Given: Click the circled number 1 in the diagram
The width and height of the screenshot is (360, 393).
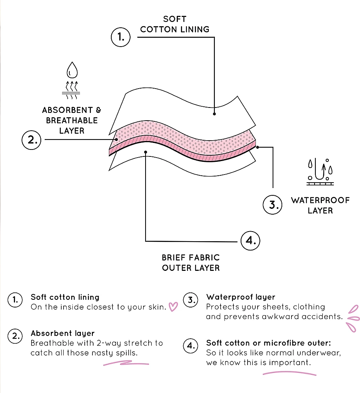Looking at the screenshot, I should tap(121, 37).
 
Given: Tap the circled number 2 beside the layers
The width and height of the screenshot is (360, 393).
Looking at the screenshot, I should tap(31, 140).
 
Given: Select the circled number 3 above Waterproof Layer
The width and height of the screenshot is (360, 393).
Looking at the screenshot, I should tap(273, 205).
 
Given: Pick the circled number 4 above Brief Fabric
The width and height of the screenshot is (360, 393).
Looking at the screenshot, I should tap(250, 241).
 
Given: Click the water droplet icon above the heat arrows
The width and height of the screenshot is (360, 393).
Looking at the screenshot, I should tap(72, 71).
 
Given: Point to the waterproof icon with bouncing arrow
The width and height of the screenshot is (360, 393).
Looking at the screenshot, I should tap(320, 171).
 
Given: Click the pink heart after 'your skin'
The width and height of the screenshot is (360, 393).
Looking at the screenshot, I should tap(174, 307).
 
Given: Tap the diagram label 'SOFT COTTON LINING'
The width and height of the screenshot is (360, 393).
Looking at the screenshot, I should tap(175, 24).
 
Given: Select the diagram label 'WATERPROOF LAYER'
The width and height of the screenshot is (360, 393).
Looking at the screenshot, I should tap(320, 205).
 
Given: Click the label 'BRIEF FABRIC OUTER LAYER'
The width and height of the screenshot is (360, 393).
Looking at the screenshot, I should tap(191, 262).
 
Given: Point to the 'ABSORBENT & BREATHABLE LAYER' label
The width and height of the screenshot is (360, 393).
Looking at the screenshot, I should tap(72, 120).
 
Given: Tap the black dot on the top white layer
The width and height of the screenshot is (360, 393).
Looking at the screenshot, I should tap(214, 114).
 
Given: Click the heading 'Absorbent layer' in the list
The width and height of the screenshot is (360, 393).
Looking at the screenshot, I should tap(62, 333).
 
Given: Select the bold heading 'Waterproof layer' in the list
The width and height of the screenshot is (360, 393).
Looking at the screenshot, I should tap(241, 297).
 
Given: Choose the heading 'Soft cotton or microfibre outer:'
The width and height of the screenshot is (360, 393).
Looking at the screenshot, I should tap(269, 343).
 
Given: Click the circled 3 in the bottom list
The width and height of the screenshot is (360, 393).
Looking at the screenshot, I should tap(190, 301).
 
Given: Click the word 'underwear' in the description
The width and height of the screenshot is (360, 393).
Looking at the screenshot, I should tap(321, 353).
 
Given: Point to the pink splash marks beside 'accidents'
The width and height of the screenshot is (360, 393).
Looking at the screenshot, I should tap(352, 318).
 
